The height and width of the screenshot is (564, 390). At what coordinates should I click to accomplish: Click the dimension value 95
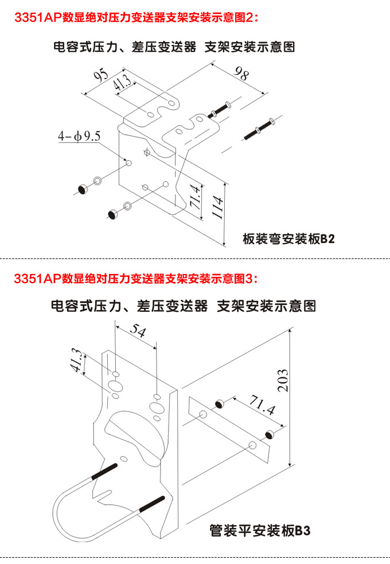(x=102, y=77)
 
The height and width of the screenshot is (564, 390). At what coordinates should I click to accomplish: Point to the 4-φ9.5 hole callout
(x=79, y=137)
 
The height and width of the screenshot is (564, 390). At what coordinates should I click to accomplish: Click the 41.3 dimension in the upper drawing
(x=122, y=84)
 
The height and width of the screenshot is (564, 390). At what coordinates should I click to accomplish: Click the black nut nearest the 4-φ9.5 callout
(x=83, y=189)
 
